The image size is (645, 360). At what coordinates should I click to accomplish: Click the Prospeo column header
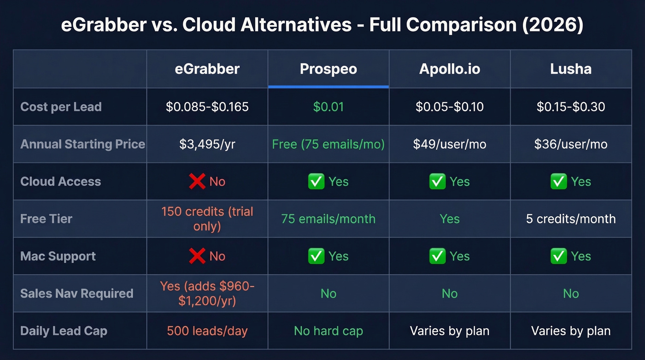(328, 69)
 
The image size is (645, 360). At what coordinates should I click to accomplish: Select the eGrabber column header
(207, 69)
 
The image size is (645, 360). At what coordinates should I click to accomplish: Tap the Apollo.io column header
(450, 69)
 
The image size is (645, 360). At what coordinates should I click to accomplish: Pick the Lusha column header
(571, 69)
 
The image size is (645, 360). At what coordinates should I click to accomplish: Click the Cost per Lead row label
(61, 107)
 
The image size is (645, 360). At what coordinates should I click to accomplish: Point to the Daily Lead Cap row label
(64, 331)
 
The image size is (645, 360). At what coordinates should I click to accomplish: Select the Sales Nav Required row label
(76, 294)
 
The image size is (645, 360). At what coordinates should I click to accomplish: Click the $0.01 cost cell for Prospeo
(328, 107)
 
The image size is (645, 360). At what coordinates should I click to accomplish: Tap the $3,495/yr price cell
(207, 144)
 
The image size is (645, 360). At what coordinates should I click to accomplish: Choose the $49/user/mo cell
(450, 144)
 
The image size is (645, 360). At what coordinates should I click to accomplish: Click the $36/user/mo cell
(571, 144)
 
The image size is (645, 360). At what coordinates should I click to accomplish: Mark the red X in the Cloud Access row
(197, 182)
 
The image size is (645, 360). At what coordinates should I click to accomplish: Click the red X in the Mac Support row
(197, 256)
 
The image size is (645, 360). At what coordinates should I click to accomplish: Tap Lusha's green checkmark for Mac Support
(559, 256)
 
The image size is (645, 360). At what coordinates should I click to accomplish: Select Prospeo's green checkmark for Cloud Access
(317, 182)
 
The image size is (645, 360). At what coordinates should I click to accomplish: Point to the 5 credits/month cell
(571, 218)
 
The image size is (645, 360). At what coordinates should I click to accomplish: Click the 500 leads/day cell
(207, 331)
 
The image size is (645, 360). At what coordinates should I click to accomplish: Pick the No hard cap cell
(328, 331)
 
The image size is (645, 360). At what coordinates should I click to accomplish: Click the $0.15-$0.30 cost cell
(571, 107)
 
